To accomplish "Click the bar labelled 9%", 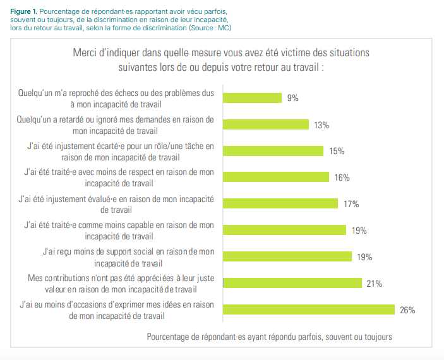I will coord(253,98).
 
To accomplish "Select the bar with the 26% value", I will coord(308,309).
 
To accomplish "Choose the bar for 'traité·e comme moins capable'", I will coord(285,230).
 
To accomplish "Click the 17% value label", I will coord(352,204).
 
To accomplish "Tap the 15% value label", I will coord(337,151).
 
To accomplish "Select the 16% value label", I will coord(342,177).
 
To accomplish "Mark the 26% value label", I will coord(407,309).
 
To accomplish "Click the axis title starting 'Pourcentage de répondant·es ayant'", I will coord(269,337).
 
